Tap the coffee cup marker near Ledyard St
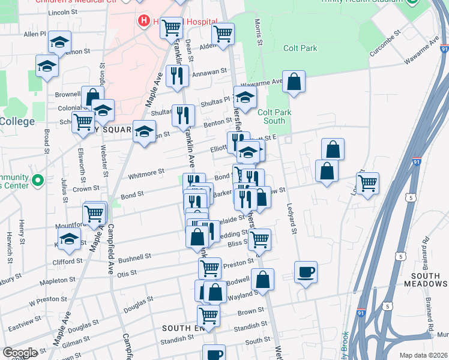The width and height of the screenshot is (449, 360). tap(306, 272)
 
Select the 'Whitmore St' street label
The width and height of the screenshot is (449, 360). tap(146, 173)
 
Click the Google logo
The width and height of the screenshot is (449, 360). tap(20, 353)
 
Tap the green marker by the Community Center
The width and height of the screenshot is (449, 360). tap(37, 180)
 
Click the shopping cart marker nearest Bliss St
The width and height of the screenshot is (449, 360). tap(259, 239)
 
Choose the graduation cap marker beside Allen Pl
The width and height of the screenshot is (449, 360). tap(59, 41)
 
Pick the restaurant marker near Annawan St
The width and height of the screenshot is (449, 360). tap(177, 75)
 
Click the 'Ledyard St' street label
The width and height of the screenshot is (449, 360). tap(294, 220)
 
